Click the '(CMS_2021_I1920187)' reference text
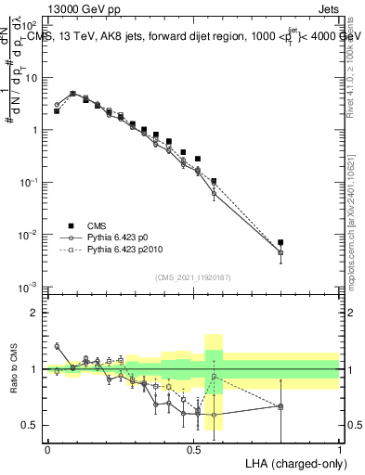[192, 276]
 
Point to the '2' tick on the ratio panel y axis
[33, 313]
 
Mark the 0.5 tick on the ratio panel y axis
[31, 425]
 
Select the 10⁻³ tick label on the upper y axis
[30, 289]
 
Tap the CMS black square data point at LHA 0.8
[280, 242]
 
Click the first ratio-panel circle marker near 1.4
[57, 346]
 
